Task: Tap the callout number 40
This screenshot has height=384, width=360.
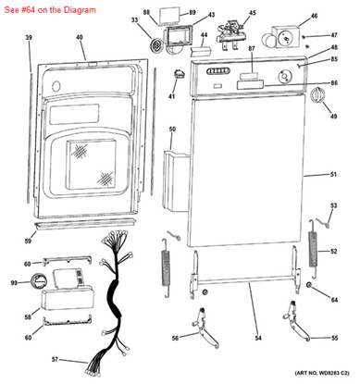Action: coord(80,38)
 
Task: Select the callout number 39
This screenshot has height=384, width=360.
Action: coord(29,38)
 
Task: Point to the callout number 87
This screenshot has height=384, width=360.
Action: coord(251,61)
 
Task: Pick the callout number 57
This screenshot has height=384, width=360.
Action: coord(54,359)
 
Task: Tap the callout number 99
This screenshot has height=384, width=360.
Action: coord(14,283)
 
